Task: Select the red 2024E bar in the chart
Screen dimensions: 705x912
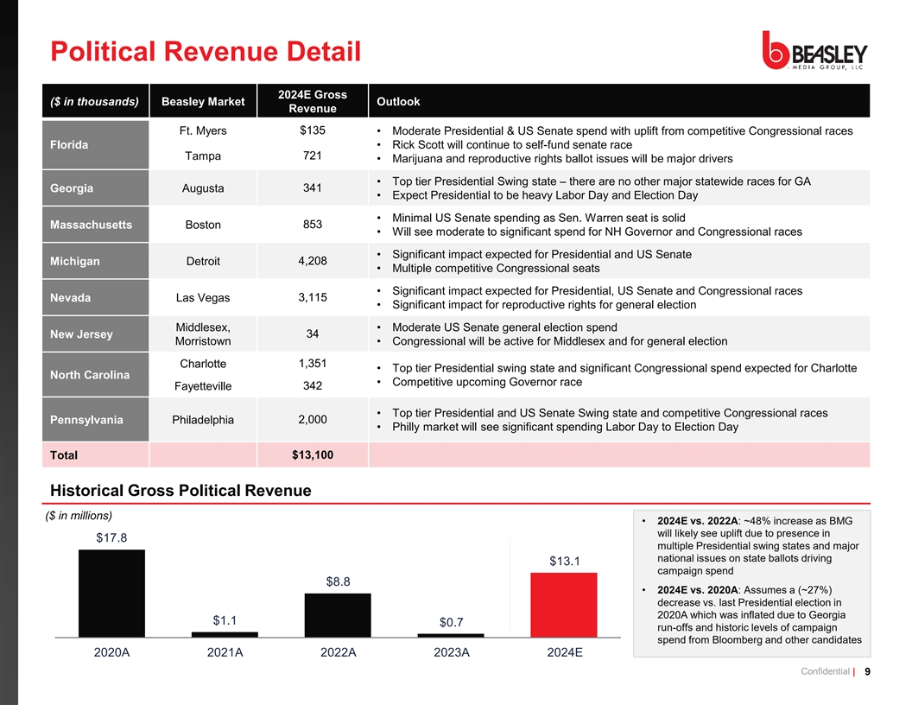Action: [x=563, y=604]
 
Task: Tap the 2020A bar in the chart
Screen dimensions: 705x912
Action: [x=111, y=593]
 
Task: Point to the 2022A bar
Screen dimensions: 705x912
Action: [x=338, y=614]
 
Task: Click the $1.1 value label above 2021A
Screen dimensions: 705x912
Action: [x=225, y=619]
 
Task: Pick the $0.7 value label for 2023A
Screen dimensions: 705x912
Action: [x=451, y=622]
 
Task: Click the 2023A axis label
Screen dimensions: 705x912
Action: [x=451, y=652]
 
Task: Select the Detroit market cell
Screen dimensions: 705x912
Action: [x=203, y=262]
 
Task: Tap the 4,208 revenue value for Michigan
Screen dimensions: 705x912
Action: [x=312, y=261]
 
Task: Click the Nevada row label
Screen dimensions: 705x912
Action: [x=71, y=298]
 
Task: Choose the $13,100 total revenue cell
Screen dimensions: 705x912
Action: [x=312, y=454]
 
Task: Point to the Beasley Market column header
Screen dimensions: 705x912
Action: [x=203, y=102]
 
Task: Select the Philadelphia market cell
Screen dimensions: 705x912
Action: [x=203, y=420]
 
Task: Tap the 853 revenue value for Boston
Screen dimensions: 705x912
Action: [x=312, y=225]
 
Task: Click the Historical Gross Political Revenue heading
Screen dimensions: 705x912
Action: [x=180, y=491]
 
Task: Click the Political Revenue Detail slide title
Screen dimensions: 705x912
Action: [x=206, y=52]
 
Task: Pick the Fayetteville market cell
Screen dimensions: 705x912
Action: [x=203, y=385]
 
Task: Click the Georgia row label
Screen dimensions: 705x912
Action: [x=72, y=188]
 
